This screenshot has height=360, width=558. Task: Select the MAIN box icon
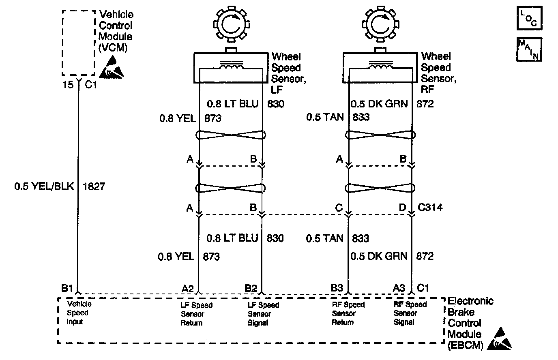tap(529, 49)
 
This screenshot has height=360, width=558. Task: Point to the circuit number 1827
tap(94, 186)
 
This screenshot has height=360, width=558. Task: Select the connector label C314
tap(430, 208)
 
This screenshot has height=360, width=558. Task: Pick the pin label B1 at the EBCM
tap(67, 288)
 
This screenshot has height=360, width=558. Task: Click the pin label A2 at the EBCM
tap(188, 288)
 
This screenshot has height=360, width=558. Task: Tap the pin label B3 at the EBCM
tap(337, 288)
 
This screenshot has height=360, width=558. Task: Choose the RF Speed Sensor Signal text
tap(410, 313)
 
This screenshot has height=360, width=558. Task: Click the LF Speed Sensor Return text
tap(197, 314)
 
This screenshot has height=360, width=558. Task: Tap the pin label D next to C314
tap(402, 208)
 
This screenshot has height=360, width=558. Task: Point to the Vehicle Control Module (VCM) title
tap(116, 31)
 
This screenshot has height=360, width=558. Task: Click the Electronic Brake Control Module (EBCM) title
tap(470, 323)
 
